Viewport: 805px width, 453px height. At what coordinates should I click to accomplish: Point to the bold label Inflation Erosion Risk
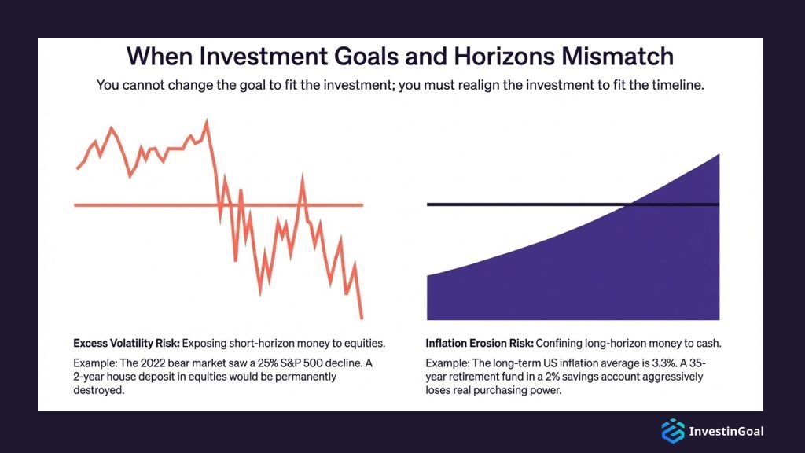click(480, 344)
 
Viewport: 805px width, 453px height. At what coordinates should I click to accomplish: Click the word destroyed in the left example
click(100, 389)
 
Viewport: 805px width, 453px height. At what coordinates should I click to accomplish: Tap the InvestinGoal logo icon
click(672, 431)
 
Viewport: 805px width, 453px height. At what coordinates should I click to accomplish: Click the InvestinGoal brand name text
click(726, 431)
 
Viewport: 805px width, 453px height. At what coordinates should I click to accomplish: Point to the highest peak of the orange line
click(207, 121)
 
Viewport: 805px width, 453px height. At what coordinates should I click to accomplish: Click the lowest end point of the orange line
click(362, 318)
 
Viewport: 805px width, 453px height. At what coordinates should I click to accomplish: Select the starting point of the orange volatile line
click(77, 168)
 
